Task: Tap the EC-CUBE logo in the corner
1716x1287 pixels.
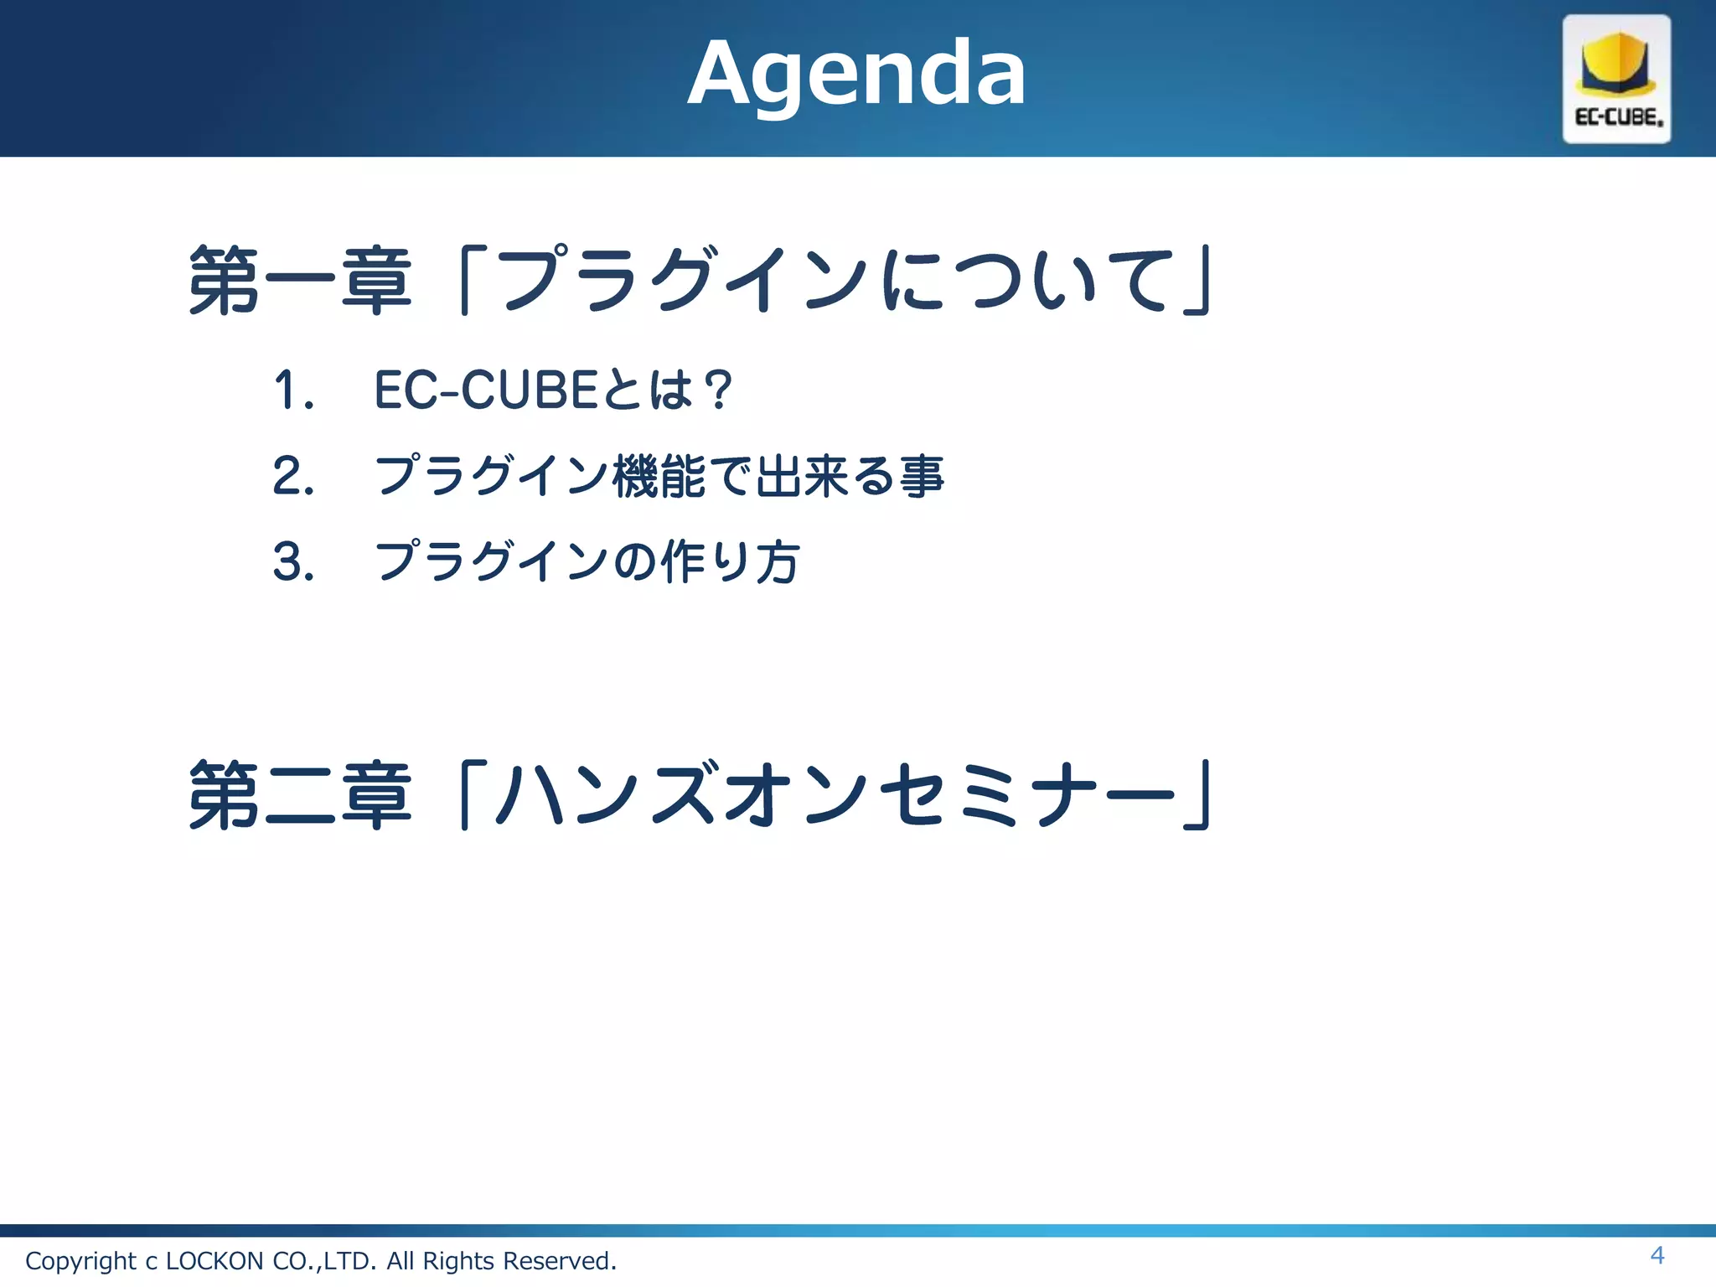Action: click(x=1616, y=80)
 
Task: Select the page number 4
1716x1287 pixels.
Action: click(x=1657, y=1255)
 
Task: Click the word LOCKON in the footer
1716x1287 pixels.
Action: click(x=214, y=1261)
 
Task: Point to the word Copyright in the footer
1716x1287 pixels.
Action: click(x=80, y=1261)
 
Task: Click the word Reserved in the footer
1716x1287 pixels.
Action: click(x=559, y=1261)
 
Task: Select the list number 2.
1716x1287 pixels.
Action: click(x=292, y=476)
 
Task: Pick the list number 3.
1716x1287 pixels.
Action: click(x=292, y=561)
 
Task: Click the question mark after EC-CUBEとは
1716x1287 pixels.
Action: click(x=717, y=390)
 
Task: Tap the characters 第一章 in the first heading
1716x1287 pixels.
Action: click(x=300, y=281)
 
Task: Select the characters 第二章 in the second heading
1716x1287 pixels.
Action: click(x=300, y=795)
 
